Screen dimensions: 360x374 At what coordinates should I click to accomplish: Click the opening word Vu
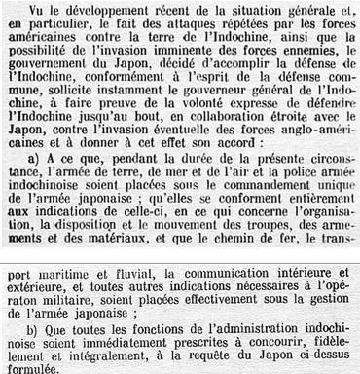30,11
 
